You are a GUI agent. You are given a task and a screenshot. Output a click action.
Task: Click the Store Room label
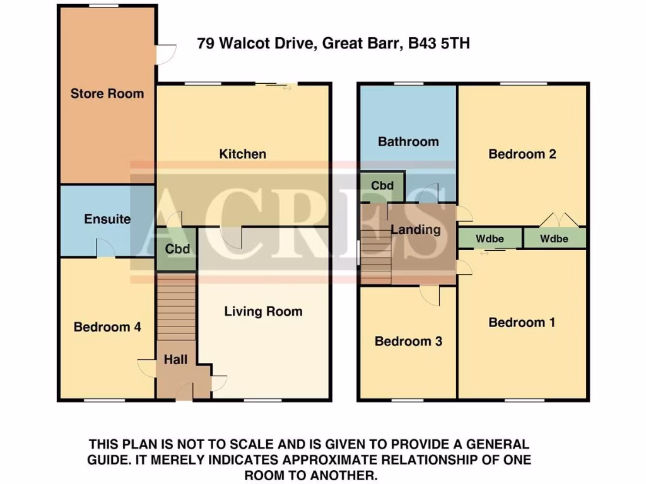(x=107, y=94)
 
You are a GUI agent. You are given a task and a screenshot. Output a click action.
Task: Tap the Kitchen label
(x=242, y=154)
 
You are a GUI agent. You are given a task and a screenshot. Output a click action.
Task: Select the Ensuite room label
(x=107, y=219)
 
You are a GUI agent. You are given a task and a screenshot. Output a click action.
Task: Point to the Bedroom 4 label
(x=107, y=327)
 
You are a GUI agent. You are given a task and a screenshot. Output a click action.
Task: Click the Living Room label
(x=263, y=311)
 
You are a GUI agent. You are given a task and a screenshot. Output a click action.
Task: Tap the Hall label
(x=175, y=360)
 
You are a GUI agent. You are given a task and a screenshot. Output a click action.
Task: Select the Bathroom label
(x=408, y=141)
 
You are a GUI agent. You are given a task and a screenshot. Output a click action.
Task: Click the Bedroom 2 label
(x=522, y=154)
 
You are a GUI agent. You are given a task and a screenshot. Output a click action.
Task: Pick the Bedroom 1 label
(x=522, y=323)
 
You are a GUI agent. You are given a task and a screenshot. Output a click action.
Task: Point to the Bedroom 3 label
(x=408, y=341)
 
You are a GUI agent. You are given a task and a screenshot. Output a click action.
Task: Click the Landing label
(x=415, y=229)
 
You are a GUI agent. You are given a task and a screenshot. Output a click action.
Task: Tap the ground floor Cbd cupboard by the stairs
(x=177, y=249)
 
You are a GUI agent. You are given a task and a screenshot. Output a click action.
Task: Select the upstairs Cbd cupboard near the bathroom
(x=382, y=186)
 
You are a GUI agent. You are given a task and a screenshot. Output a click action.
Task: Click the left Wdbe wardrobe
(x=490, y=239)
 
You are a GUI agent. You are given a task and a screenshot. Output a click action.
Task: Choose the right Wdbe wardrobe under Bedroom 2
(x=555, y=239)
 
